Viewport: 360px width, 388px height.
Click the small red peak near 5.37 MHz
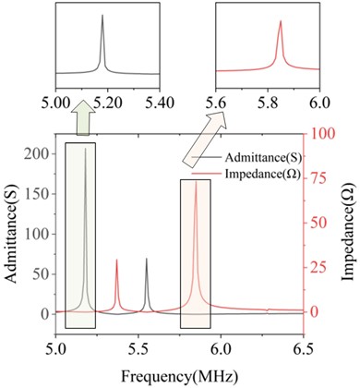click(x=116, y=261)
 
